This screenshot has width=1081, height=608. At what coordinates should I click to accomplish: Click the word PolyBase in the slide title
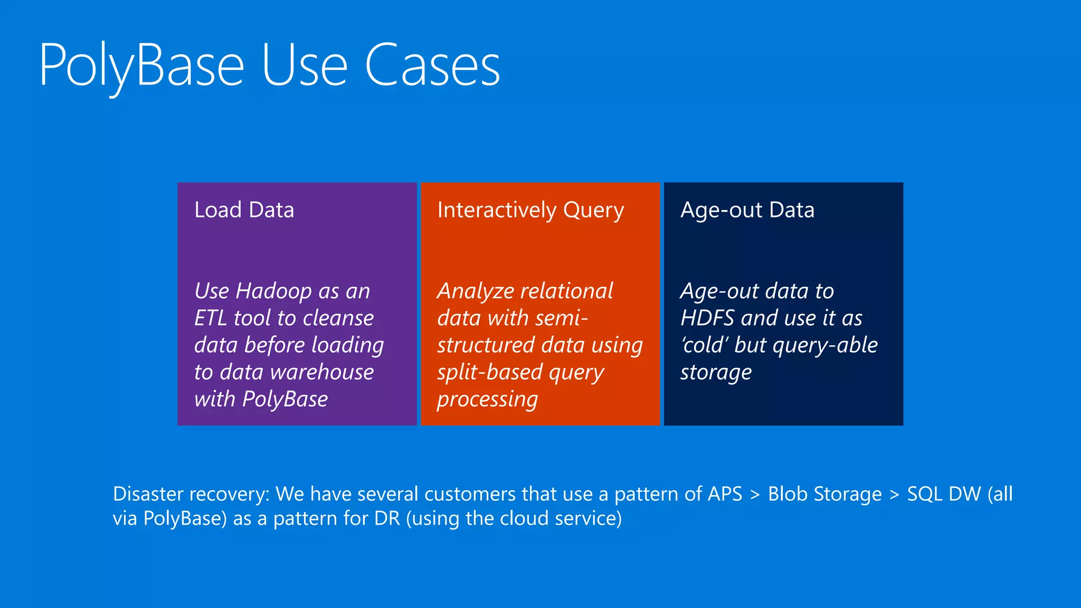pyautogui.click(x=141, y=66)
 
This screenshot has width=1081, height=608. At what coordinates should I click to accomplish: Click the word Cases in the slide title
pyautogui.click(x=432, y=66)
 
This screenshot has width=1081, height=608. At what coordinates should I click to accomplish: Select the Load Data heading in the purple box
pyautogui.click(x=244, y=210)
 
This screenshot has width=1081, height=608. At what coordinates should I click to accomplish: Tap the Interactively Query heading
pyautogui.click(x=530, y=210)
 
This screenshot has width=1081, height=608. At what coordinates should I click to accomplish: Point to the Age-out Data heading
pyautogui.click(x=747, y=210)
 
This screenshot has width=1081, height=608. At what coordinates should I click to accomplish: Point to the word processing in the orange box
pyautogui.click(x=487, y=400)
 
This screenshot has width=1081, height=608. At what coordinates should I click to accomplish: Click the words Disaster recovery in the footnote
pyautogui.click(x=191, y=495)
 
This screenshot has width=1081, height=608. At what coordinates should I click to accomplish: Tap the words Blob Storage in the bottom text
pyautogui.click(x=824, y=495)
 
